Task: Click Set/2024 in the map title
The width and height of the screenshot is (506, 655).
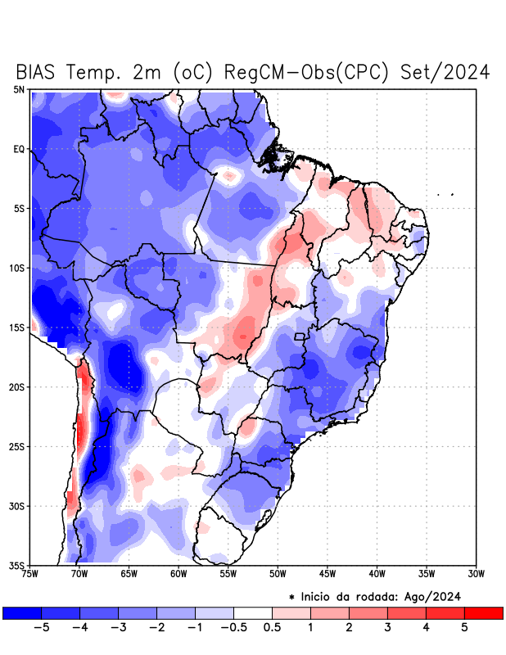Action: [x=445, y=72]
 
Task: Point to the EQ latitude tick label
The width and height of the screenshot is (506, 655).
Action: [x=20, y=150]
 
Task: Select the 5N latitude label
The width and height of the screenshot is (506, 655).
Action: [x=20, y=90]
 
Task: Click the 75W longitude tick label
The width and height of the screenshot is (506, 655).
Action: [x=30, y=574]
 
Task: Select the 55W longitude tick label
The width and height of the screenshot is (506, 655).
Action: [x=228, y=574]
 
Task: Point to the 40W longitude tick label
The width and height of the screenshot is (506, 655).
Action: [x=377, y=574]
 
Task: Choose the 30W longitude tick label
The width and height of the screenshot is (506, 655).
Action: [x=477, y=574]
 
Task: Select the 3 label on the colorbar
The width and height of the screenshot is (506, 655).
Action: [x=387, y=627]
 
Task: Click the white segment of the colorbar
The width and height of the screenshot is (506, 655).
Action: [x=253, y=612]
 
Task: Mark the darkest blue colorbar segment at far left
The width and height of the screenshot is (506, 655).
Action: [x=22, y=612]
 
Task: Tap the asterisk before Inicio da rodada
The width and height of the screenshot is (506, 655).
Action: [x=292, y=598]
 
